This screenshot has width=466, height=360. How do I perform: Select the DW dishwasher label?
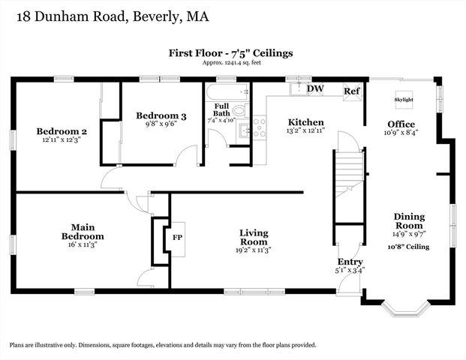tap(316, 88)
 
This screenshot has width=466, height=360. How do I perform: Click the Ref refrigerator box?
tap(351, 91)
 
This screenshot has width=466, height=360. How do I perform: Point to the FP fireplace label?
tap(177, 237)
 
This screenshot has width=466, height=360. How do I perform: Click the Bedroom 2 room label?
tap(62, 131)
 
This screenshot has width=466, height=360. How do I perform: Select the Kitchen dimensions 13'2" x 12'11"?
tap(306, 131)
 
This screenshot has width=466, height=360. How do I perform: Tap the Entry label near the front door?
tap(350, 262)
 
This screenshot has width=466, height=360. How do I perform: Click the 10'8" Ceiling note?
tap(409, 246)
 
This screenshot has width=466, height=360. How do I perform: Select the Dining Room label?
tap(409, 221)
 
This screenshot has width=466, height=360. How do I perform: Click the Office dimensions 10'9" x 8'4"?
tap(401, 133)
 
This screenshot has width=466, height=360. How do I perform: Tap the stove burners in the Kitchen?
tap(259, 128)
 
